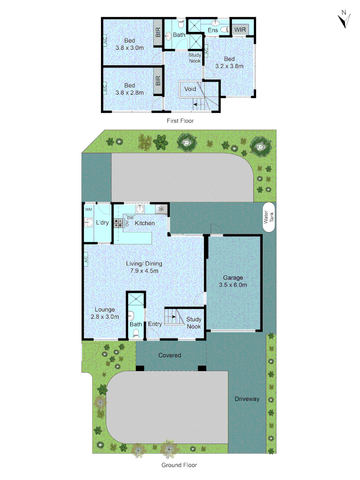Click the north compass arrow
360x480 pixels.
click(x=343, y=20)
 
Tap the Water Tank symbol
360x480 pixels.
click(x=268, y=217)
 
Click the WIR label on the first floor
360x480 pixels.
click(x=240, y=29)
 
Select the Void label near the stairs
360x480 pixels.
click(x=190, y=89)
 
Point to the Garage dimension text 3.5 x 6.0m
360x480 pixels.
click(x=233, y=285)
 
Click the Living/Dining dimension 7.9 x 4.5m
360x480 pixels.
click(x=144, y=270)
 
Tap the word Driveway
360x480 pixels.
click(x=247, y=399)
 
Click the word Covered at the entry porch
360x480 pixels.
click(x=170, y=355)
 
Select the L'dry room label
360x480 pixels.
click(x=102, y=223)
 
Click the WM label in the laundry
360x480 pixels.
click(x=88, y=209)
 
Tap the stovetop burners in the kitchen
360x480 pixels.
click(x=118, y=223)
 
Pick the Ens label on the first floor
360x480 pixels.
click(x=213, y=30)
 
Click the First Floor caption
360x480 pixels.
click(x=180, y=120)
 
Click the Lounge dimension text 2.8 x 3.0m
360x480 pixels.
click(x=104, y=317)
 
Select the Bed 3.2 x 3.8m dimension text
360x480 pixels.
click(x=229, y=66)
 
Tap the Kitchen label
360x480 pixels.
click(x=145, y=223)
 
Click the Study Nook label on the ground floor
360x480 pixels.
click(x=194, y=323)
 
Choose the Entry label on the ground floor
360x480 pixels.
click(x=155, y=324)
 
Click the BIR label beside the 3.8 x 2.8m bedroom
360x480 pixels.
click(x=158, y=81)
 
